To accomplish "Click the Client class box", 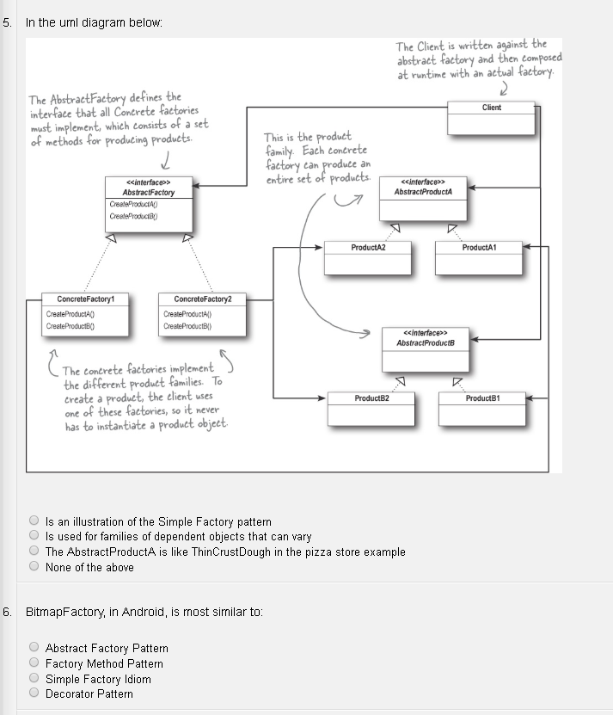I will [x=492, y=117].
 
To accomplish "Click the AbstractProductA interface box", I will [x=424, y=198].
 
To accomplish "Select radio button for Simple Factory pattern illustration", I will [x=34, y=521].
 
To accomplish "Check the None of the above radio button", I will [x=34, y=566].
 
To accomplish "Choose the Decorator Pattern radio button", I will [x=34, y=693].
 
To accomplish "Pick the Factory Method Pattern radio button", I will [x=34, y=663].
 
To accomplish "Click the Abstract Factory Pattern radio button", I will [x=34, y=647].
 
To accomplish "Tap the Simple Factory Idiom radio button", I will [x=34, y=678].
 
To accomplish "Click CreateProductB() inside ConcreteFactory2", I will [x=182, y=326].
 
